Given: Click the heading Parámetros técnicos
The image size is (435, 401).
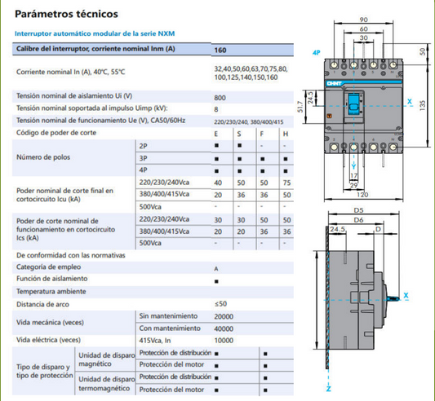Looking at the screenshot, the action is (x=66, y=14).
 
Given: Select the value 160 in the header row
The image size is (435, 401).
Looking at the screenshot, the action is (x=220, y=51).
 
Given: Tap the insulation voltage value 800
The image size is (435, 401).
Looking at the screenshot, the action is (x=220, y=98).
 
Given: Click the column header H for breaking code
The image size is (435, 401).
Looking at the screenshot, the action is (x=286, y=134).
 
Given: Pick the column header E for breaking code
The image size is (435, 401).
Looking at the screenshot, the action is (x=216, y=134).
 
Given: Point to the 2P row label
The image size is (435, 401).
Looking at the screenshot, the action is (x=143, y=146).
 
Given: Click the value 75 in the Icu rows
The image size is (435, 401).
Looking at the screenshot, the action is (x=286, y=183).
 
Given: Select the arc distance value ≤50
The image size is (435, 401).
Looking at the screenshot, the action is (x=220, y=304).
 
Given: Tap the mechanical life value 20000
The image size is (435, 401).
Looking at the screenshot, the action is (x=224, y=316).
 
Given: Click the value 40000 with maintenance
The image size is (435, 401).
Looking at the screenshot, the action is (x=224, y=328).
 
